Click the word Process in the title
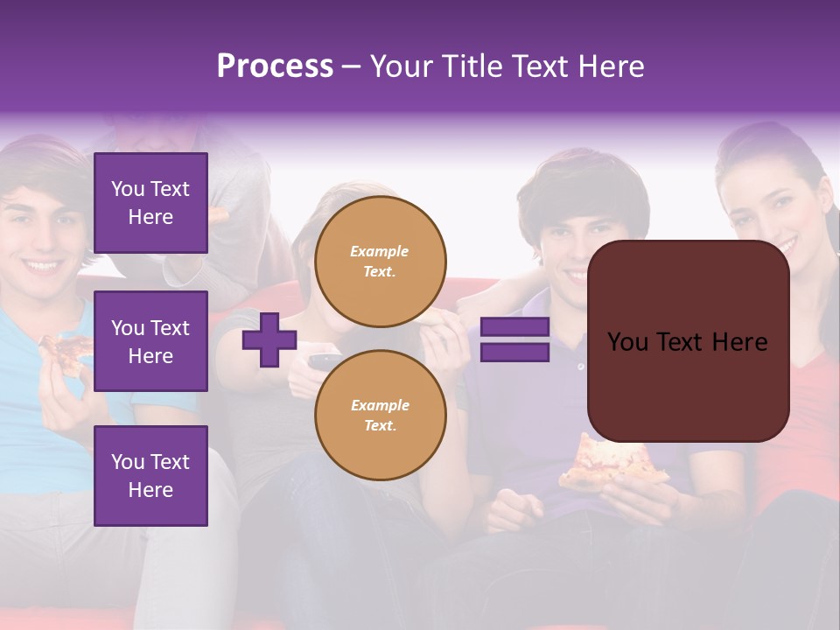pos(275,66)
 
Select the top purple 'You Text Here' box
pos(150,203)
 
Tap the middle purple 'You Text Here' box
pos(150,341)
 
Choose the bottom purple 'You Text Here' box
pos(150,475)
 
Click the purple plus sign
pos(269,339)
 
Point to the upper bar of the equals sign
pos(514,327)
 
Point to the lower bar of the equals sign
pos(514,352)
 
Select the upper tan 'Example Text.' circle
pos(380,261)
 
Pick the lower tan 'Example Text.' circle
pos(380,415)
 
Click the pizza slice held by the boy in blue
pos(68,351)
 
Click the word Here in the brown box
pos(739,342)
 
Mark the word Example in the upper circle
pos(380,251)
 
